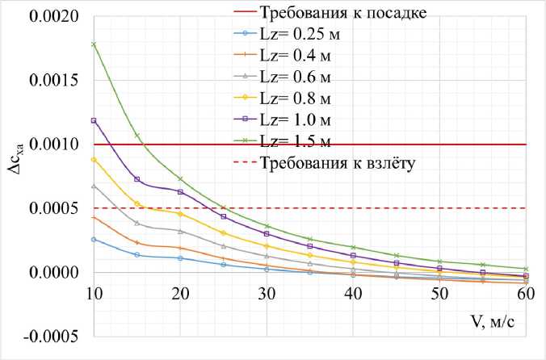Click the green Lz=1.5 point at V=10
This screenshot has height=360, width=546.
point(94,44)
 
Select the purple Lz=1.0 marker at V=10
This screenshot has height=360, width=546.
point(94,120)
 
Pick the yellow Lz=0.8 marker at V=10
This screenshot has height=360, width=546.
point(94,160)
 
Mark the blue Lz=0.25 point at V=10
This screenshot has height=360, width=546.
point(94,239)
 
